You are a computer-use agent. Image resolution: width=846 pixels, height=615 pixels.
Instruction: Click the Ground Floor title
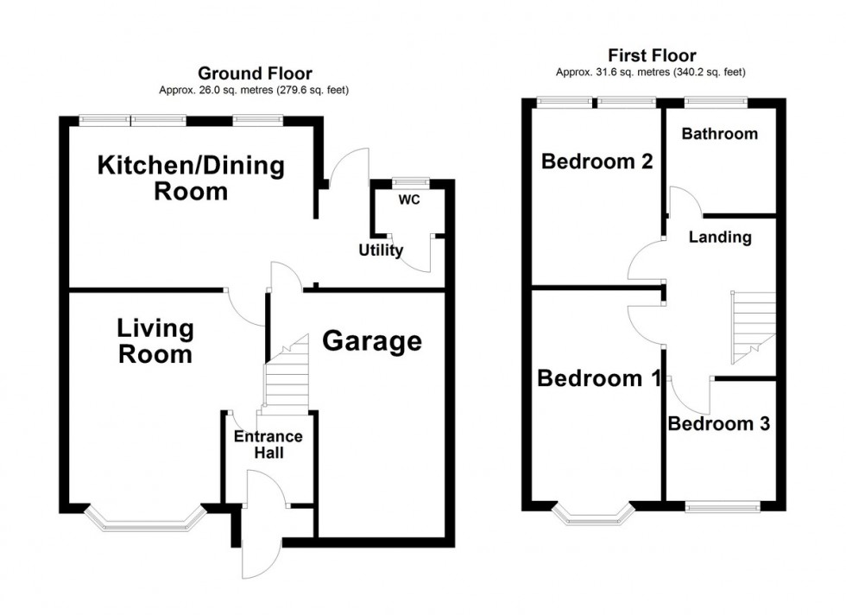[x=255, y=73]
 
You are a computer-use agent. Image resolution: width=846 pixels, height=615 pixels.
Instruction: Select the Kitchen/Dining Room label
[x=191, y=177]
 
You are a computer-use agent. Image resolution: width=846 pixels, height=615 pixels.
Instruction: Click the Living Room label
[x=155, y=340]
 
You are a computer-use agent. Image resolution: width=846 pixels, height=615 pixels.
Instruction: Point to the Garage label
[x=372, y=342]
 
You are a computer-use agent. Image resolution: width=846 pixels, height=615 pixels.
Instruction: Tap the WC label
[x=408, y=200]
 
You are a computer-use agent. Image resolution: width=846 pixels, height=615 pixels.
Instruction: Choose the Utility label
[x=381, y=250]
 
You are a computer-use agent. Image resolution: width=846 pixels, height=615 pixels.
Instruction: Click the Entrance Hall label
[x=268, y=444]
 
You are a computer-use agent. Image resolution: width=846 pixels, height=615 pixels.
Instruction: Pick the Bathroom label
[x=719, y=134]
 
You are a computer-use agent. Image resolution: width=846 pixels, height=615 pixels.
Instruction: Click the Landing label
[x=719, y=238]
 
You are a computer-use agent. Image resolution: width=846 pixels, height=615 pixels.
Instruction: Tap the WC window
[x=409, y=182]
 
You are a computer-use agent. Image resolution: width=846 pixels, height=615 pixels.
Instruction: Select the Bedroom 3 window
[x=723, y=505]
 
